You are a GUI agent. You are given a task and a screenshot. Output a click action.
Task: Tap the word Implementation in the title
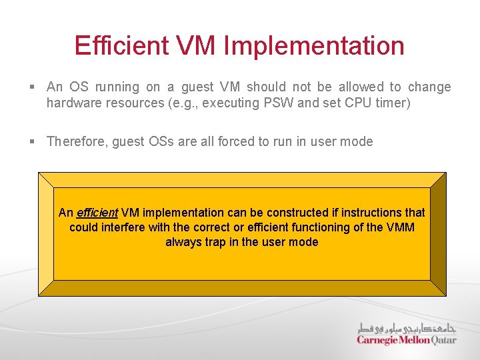point(314,46)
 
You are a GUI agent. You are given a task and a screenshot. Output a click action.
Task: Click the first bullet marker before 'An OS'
point(32,87)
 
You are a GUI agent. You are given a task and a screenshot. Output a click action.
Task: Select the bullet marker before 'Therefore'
point(32,141)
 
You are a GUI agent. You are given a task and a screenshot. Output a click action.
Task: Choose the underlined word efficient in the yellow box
point(97,213)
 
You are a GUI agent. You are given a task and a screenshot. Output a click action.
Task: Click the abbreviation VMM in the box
point(400,227)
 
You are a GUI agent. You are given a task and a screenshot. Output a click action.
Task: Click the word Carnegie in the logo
point(378,340)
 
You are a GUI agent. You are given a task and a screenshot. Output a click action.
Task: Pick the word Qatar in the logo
point(443,340)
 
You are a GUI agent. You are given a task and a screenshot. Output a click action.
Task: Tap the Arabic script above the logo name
point(407,327)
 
